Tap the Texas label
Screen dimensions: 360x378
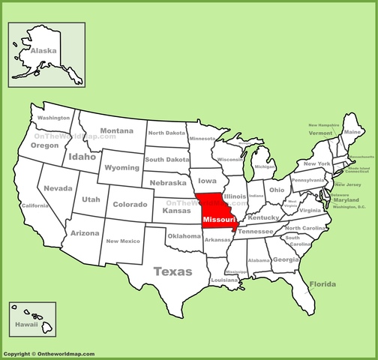(x=172, y=271)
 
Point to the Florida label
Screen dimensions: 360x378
(x=322, y=285)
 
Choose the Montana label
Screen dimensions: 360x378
(x=117, y=130)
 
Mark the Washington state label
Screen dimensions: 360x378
(x=54, y=118)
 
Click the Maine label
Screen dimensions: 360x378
(x=351, y=132)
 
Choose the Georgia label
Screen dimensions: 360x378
(x=285, y=259)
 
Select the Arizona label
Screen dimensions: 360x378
(x=83, y=233)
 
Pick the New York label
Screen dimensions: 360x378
(x=317, y=163)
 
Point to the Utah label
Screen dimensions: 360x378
(x=91, y=199)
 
